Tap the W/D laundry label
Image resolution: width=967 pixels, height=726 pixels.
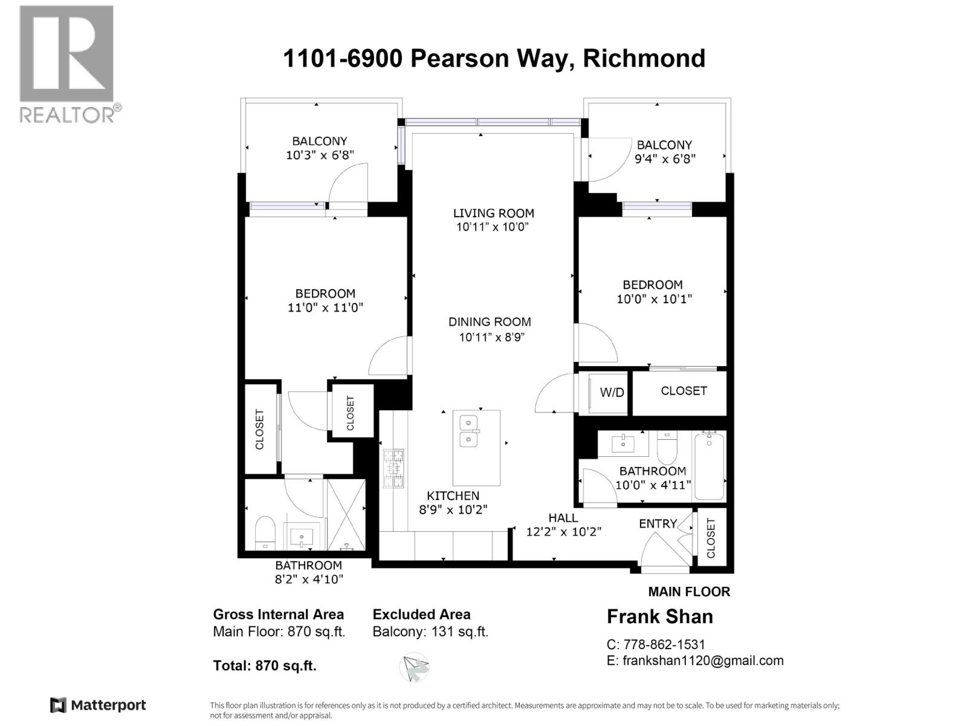[x=612, y=393]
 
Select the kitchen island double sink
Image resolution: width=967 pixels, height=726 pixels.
[x=468, y=430]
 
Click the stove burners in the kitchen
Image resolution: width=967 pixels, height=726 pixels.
[x=393, y=468]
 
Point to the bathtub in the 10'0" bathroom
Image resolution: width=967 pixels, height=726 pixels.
[x=710, y=465]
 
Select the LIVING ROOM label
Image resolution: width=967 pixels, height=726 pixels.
[x=494, y=213]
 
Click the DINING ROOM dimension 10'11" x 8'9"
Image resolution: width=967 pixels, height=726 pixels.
[x=491, y=338]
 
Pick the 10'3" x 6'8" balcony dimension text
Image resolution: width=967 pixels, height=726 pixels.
[x=320, y=155]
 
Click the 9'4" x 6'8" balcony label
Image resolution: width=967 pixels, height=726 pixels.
[x=665, y=159]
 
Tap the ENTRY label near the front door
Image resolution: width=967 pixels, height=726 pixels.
[x=658, y=524]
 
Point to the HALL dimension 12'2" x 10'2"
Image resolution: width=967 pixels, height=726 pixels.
[x=563, y=532]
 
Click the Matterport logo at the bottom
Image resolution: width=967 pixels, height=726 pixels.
[x=98, y=705]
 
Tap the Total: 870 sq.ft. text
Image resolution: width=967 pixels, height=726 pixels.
[x=265, y=665]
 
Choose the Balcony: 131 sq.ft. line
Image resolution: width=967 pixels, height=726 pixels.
[x=430, y=632]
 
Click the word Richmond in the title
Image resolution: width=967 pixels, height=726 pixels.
[x=644, y=59]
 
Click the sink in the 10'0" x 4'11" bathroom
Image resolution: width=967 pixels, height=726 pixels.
[x=623, y=443]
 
